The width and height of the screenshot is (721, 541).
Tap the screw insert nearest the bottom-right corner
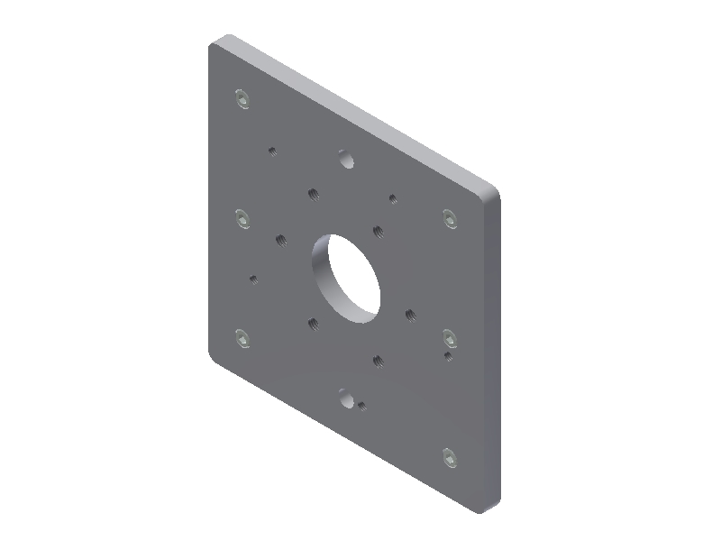coord(451,458)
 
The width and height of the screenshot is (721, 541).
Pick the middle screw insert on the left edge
coord(241,219)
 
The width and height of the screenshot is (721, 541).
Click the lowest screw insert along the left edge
coord(241,338)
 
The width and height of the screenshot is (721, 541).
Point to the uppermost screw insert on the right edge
coord(451,217)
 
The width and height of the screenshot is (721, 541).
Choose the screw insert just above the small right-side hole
coord(449,337)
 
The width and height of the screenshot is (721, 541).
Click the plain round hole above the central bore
coord(345,159)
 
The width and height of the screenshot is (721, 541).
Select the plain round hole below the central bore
coord(345,397)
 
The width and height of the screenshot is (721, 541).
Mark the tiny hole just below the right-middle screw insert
coord(448,355)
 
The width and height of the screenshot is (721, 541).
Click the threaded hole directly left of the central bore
coord(281,239)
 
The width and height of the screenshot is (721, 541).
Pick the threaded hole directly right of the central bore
coord(410,315)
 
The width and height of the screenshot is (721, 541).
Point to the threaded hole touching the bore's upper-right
coord(379,231)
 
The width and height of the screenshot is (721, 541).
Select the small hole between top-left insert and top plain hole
coord(273,151)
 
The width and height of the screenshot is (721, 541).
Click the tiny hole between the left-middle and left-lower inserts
coord(254,279)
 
